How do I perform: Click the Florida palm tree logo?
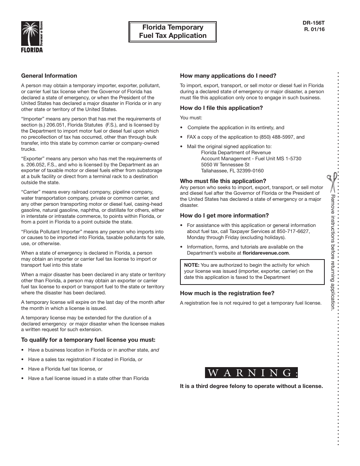(x=32, y=37)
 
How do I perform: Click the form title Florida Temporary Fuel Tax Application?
(x=173, y=31)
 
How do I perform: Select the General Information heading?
(x=49, y=76)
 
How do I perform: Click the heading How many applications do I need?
(x=228, y=76)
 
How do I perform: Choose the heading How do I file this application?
(x=221, y=108)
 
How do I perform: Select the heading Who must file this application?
(x=223, y=181)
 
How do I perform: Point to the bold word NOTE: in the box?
(x=192, y=265)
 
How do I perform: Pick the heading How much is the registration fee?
(x=227, y=293)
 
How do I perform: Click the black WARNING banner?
(x=252, y=373)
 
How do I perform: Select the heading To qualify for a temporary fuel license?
(x=88, y=340)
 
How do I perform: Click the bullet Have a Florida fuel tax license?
(x=65, y=369)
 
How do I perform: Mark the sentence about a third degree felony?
(x=251, y=386)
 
